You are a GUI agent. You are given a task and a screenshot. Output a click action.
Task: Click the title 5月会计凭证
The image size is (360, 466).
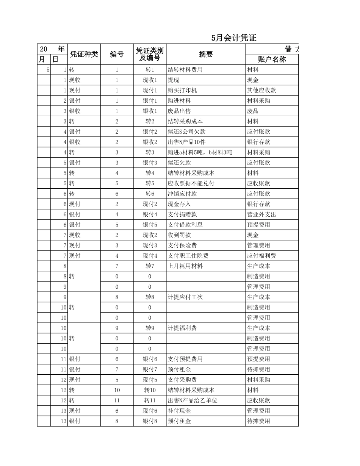234,38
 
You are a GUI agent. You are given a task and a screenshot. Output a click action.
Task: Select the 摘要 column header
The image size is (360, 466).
206,54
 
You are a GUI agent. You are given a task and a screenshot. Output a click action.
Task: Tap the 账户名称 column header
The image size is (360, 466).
272,59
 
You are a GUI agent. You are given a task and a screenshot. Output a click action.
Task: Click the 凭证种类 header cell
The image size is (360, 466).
84,54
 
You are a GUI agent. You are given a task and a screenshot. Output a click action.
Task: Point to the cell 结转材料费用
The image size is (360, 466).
185,70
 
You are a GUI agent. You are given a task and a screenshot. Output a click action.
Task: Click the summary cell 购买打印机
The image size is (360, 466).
182,91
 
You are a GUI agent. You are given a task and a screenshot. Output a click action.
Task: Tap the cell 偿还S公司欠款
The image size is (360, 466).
187,132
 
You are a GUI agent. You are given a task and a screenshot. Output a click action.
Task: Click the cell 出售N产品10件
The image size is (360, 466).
186,142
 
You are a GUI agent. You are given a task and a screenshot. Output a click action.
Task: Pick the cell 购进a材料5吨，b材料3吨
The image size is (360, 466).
200,152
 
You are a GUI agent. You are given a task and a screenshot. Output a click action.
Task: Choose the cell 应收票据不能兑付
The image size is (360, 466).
191,183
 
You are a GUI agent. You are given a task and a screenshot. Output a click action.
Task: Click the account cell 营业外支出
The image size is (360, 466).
261,214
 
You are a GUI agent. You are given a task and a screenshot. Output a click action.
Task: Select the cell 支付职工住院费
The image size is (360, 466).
188,256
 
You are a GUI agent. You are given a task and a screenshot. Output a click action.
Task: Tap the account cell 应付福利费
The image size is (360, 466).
261,256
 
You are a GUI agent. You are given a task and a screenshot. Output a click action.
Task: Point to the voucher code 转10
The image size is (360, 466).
150,390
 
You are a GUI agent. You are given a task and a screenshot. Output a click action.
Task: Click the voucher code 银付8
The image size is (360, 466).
150,421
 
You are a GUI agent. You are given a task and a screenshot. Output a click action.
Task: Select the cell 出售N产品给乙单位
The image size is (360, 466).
193,400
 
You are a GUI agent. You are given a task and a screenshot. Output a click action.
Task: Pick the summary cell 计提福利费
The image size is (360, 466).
182,328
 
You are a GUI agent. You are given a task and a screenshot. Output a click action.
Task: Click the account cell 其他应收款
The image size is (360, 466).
261,91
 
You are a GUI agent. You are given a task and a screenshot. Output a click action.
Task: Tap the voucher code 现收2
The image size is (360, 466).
150,235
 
